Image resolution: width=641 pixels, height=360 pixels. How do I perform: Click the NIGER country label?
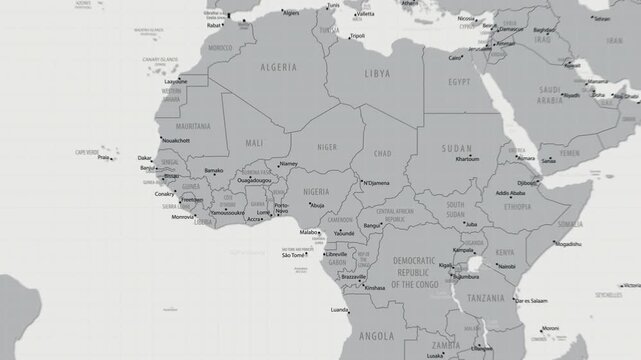pos(328,146)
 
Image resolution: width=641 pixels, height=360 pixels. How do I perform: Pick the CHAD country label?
pos(382,153)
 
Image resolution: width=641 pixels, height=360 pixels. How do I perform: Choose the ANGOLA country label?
pos(376,336)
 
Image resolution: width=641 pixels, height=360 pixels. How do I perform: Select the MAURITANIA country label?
pos(190,127)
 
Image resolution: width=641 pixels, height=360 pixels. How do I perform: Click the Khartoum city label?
pos(467,160)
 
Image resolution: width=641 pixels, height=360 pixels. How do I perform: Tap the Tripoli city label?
pos(357,36)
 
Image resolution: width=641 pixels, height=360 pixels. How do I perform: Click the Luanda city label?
pos(339,310)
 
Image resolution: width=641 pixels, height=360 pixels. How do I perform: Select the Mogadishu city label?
pos(568,243)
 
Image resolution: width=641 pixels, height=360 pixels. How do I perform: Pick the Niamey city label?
pos(289,163)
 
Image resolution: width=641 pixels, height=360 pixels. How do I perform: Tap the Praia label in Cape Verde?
pos(103,157)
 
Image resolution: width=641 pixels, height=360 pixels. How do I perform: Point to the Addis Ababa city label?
pos(504,192)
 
